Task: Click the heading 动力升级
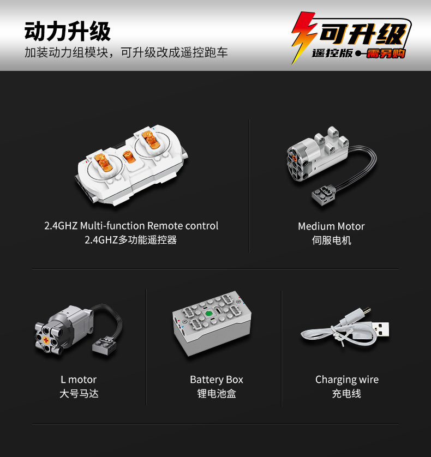(67, 31)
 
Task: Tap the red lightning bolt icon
(303, 37)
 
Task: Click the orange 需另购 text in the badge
(386, 53)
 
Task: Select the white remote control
(132, 165)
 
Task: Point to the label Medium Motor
(331, 226)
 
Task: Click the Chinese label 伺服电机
(331, 240)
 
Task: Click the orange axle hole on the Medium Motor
(294, 159)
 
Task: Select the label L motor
(79, 380)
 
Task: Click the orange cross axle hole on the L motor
(46, 340)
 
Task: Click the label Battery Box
(217, 380)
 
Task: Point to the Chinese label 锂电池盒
(217, 394)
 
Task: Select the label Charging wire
(347, 380)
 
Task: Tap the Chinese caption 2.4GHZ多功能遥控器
(130, 240)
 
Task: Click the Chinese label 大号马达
(79, 394)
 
